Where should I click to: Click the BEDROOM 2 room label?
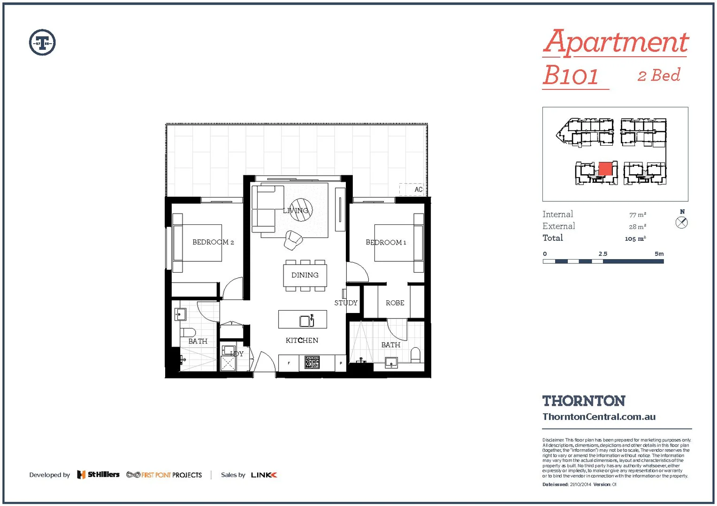click(x=213, y=242)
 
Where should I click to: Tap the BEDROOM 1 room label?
click(x=386, y=242)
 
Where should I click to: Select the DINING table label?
click(x=305, y=275)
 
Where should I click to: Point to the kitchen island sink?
click(x=306, y=321)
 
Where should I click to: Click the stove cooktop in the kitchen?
click(x=312, y=362)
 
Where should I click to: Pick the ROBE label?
click(x=395, y=303)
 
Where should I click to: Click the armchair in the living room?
click(x=293, y=240)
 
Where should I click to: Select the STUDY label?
click(x=346, y=303)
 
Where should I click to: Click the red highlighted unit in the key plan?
click(x=605, y=169)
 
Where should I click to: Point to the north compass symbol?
click(x=682, y=223)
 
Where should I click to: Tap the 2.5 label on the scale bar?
click(x=603, y=254)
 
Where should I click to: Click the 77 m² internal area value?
click(x=637, y=215)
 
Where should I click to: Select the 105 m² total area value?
click(x=635, y=238)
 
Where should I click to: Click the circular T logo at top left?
click(x=42, y=43)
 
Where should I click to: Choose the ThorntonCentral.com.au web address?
click(x=599, y=417)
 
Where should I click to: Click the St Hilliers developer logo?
click(x=99, y=475)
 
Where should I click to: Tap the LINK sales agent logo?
click(x=264, y=475)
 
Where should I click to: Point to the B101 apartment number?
click(x=571, y=75)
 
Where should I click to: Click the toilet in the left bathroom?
click(x=187, y=332)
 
